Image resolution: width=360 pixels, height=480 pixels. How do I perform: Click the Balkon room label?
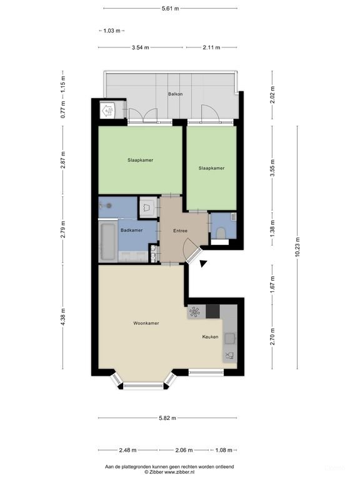tap(175, 94)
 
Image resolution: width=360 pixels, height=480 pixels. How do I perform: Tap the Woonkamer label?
tap(146, 323)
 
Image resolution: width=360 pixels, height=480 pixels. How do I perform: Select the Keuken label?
tap(210, 337)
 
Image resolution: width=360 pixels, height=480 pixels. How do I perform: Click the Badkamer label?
tap(132, 231)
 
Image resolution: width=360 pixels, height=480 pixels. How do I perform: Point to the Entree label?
tap(181, 231)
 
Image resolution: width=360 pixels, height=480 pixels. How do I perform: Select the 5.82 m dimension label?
tap(168, 418)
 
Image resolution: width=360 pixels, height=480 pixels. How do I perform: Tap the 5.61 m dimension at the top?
tap(170, 9)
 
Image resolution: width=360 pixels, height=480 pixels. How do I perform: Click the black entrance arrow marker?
tap(203, 264)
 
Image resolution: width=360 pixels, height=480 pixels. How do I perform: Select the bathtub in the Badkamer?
tap(107, 241)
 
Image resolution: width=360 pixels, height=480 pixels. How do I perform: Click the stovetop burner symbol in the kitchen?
tap(195, 311)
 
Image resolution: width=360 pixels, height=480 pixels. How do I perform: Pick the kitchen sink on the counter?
tap(229, 338)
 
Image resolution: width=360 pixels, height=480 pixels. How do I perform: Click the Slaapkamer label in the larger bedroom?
tap(140, 160)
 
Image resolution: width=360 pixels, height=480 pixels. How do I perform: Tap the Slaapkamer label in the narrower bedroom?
tap(211, 167)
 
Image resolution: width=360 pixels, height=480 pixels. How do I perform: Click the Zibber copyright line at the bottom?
tap(169, 472)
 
